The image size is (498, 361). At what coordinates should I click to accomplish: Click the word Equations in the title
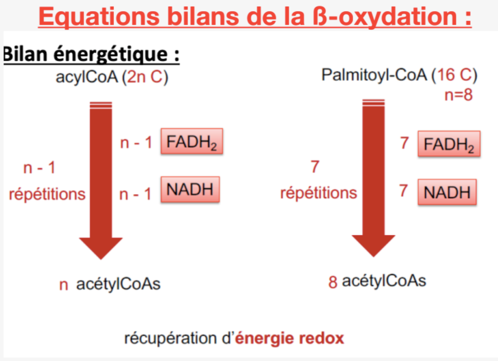point(99,17)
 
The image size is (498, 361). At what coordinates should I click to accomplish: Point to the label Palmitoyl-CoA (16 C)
point(399,75)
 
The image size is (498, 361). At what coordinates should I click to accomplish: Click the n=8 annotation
point(458,95)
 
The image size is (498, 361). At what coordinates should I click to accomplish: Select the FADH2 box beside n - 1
point(192,141)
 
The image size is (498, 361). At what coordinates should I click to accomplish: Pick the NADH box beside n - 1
point(190,189)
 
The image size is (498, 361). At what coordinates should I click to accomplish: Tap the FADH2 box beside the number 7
point(449,144)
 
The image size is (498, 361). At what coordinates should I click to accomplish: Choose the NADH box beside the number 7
point(447,192)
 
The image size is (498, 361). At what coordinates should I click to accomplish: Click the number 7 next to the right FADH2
point(405,143)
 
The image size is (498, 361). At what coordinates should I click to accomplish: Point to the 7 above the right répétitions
point(315,167)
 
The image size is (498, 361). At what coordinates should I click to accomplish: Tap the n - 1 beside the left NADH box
point(135,194)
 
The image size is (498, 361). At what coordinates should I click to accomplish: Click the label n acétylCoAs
point(110,284)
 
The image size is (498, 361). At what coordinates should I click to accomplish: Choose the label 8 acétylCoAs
point(377,281)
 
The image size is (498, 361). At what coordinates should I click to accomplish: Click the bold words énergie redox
point(290,338)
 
